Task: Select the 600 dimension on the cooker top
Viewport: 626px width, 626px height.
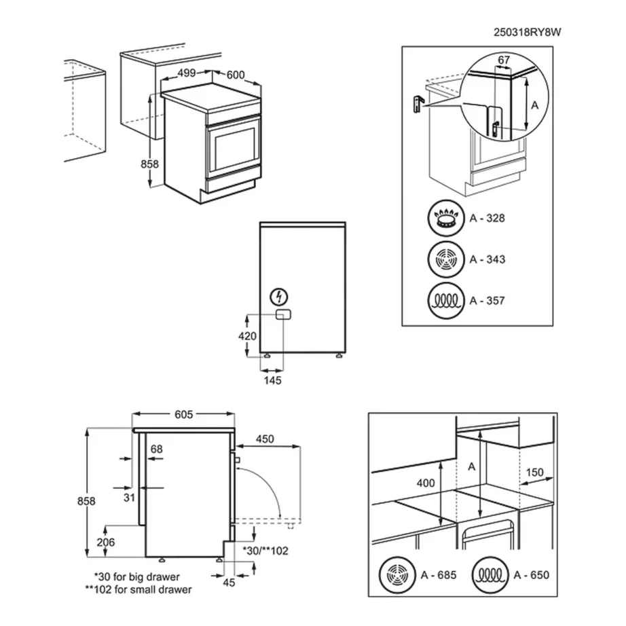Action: pos(236,75)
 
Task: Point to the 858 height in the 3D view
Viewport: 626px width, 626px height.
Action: pos(149,164)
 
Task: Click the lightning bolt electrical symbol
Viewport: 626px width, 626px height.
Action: pos(279,296)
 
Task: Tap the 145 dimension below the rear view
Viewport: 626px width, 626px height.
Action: pos(272,380)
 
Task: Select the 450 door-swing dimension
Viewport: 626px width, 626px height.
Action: pos(265,439)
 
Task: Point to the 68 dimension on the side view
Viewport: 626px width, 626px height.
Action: pos(157,448)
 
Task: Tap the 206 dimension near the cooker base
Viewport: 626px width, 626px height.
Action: pos(106,542)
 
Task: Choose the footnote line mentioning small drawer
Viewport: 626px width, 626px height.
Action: pos(139,590)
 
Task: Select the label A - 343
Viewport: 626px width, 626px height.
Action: pos(487,259)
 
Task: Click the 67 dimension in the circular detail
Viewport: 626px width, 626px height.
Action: pos(503,61)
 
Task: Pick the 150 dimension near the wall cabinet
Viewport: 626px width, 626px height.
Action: pos(534,473)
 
